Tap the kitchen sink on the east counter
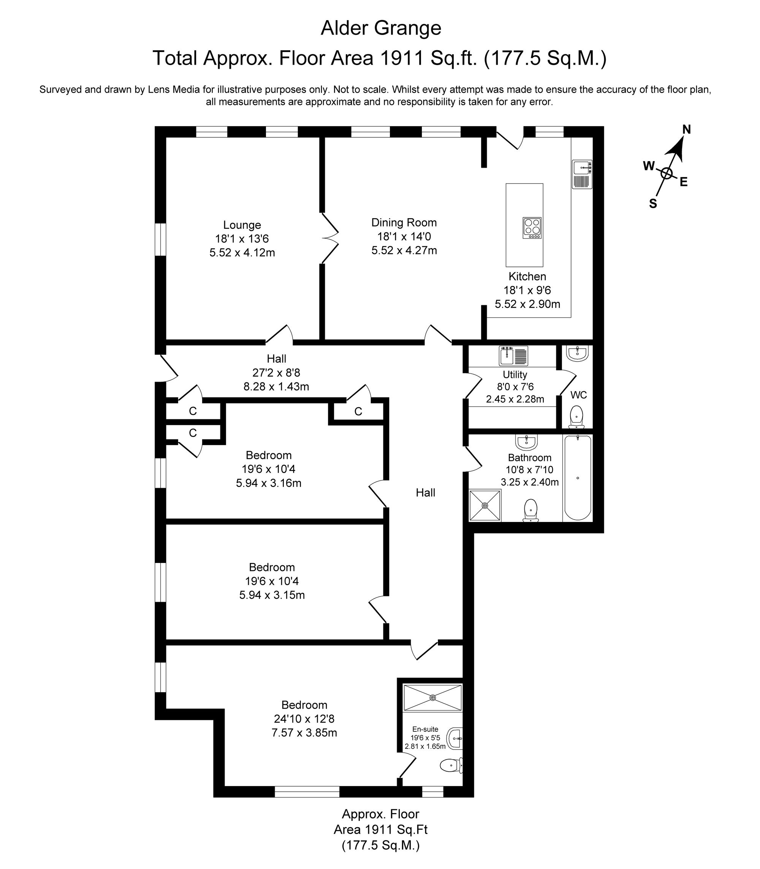582,174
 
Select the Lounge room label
242,225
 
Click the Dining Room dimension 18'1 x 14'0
404,236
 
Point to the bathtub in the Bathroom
578,477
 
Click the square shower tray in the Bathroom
485,505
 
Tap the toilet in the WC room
576,417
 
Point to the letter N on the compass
686,129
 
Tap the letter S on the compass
653,204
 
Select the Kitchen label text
527,277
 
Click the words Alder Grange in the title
380,29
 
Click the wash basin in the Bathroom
527,442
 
